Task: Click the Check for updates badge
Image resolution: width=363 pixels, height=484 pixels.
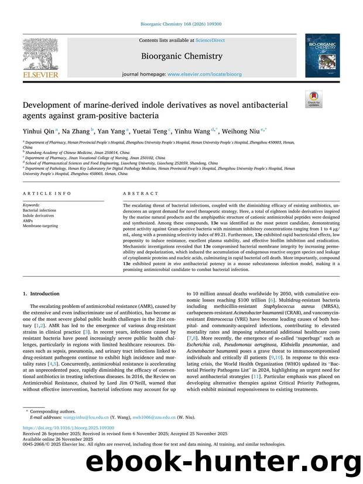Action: (314, 99)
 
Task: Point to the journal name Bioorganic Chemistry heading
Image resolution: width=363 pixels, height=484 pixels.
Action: (181, 57)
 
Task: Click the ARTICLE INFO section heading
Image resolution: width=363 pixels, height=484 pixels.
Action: (46, 193)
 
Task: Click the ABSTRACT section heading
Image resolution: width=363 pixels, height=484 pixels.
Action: (141, 193)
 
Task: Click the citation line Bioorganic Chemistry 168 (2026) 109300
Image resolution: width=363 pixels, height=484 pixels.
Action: (181, 24)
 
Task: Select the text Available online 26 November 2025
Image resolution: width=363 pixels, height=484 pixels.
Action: (53, 454)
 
